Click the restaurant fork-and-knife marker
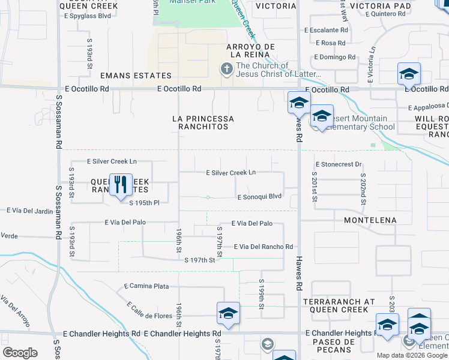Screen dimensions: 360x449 tap(121, 184)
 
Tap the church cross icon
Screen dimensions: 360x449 tap(227, 69)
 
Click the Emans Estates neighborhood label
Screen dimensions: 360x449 tap(136, 76)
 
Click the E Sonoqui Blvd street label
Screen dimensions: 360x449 tap(260, 197)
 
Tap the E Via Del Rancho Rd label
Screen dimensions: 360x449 tap(264, 247)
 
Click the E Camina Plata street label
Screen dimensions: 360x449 tap(146, 286)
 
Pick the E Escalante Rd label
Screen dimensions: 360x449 tap(327, 29)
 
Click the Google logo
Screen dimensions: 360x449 tap(20, 353)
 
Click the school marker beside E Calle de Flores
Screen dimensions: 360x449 tap(229, 313)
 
